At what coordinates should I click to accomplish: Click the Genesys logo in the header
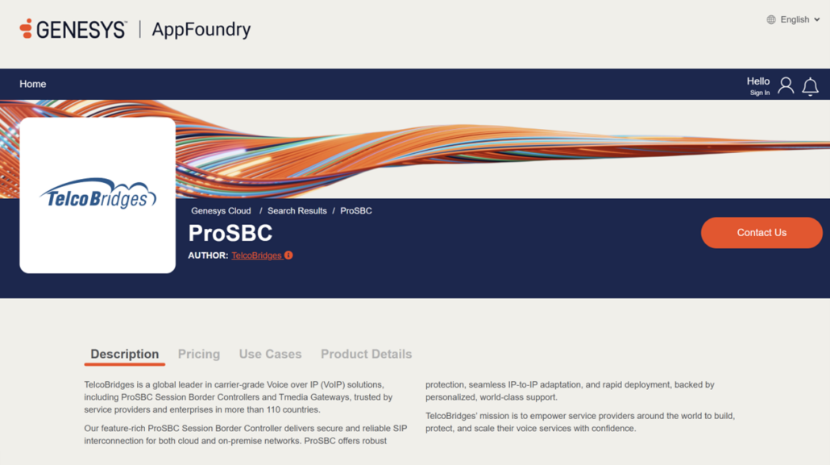pyautogui.click(x=73, y=29)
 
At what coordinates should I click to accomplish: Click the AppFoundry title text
pyautogui.click(x=201, y=30)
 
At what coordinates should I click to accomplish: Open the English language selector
pyautogui.click(x=794, y=19)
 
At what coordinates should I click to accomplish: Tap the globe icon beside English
pyautogui.click(x=771, y=19)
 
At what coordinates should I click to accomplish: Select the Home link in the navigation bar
pyautogui.click(x=33, y=84)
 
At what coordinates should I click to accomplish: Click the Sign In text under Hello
pyautogui.click(x=760, y=93)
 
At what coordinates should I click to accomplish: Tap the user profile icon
pyautogui.click(x=786, y=85)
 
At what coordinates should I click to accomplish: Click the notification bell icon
pyautogui.click(x=810, y=86)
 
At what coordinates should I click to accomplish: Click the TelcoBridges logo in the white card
pyautogui.click(x=98, y=194)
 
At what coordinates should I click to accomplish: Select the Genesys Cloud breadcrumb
pyautogui.click(x=221, y=211)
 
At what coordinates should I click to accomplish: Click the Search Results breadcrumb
pyautogui.click(x=297, y=211)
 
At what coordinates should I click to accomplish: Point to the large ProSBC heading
pyautogui.click(x=230, y=233)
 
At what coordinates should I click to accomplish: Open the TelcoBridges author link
pyautogui.click(x=257, y=255)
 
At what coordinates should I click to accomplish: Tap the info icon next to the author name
pyautogui.click(x=288, y=255)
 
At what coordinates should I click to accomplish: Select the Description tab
pyautogui.click(x=124, y=355)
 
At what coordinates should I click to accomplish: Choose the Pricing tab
pyautogui.click(x=199, y=355)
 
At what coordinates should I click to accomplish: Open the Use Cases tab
pyautogui.click(x=270, y=355)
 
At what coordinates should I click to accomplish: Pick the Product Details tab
pyautogui.click(x=367, y=355)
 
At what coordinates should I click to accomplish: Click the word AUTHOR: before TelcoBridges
pyautogui.click(x=208, y=255)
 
